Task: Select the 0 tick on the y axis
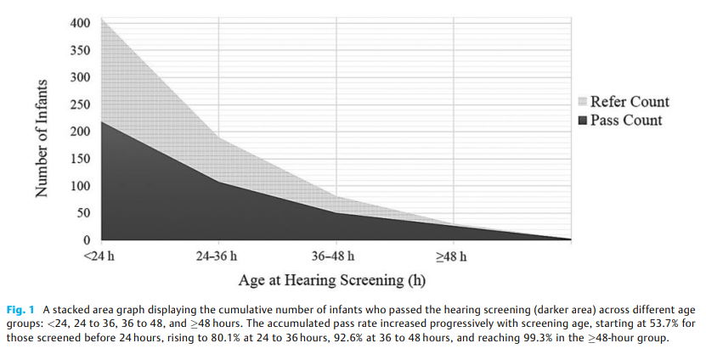(86, 240)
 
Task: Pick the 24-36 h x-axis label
(218, 256)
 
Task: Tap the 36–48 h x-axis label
(334, 256)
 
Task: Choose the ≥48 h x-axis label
(450, 256)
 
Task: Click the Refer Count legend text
(630, 102)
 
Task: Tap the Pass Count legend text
(626, 120)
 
